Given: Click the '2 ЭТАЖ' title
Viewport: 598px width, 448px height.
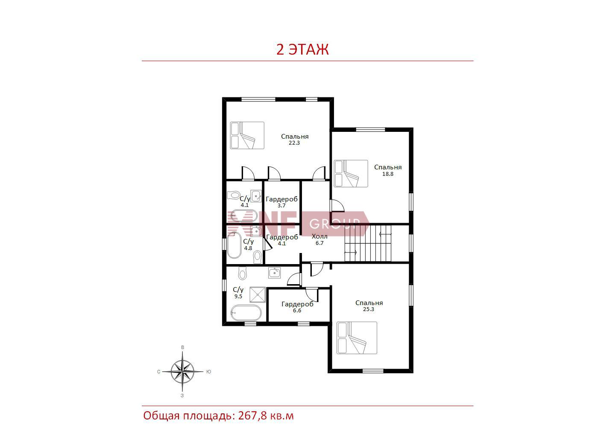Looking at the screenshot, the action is (302, 49).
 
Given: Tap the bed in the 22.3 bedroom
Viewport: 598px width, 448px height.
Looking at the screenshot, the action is (247, 135).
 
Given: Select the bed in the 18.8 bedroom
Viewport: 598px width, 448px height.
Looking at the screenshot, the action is (351, 174).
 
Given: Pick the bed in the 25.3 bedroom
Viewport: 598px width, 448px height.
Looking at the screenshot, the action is (357, 338).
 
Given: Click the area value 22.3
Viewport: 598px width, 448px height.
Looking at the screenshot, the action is (294, 143).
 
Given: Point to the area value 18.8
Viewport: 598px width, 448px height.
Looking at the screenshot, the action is (388, 174).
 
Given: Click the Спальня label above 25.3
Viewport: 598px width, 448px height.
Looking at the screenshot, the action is (369, 303).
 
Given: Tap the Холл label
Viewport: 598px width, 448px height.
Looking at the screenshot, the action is (320, 236).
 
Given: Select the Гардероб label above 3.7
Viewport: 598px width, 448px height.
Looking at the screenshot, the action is (281, 199).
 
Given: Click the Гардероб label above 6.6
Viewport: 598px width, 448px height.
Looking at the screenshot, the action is (297, 304).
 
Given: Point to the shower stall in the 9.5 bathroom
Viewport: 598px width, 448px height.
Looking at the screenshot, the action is (258, 294).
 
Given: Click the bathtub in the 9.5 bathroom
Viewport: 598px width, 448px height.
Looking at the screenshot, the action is (246, 313).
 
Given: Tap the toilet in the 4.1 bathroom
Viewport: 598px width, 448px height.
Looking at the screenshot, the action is (234, 195).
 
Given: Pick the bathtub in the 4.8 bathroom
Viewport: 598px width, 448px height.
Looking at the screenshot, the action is (235, 245).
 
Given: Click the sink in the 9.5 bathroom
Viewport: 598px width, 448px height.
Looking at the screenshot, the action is (274, 273).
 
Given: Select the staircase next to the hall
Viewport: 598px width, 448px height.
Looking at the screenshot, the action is (368, 243).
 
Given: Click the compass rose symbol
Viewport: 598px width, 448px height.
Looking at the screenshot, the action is (182, 371).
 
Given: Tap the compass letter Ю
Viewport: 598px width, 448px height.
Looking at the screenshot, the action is (208, 372).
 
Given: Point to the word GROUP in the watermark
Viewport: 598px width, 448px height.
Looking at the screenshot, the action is (335, 224).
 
